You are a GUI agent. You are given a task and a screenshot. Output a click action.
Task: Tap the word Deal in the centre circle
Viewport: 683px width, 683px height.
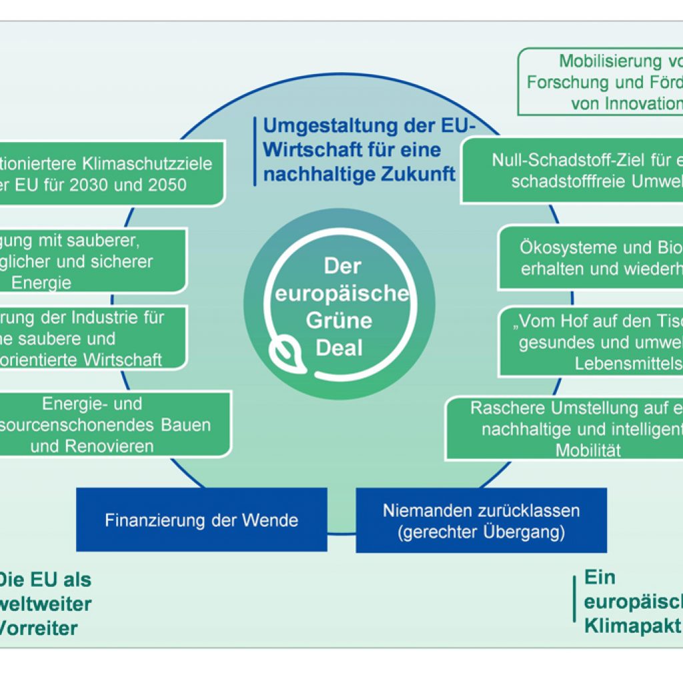pos(339,348)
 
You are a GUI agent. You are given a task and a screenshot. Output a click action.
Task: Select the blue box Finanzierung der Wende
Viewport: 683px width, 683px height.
pos(201,520)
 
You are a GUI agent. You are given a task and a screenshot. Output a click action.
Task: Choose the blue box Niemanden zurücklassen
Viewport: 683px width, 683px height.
pos(481,520)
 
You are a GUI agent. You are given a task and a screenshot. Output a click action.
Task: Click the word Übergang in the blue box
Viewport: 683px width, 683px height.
pos(524,532)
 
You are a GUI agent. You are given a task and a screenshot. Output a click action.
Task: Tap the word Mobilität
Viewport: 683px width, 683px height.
pos(588,450)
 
